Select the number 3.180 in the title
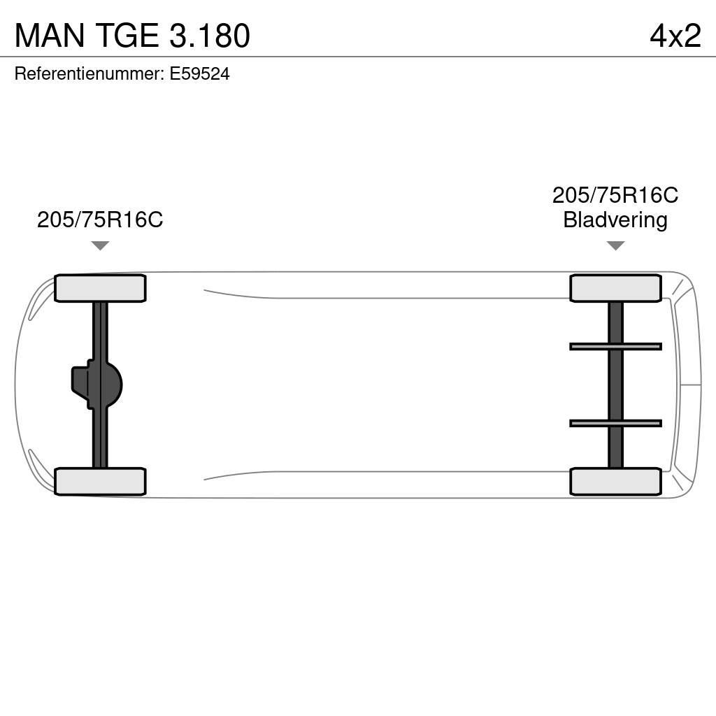click(x=209, y=36)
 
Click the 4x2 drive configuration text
click(x=675, y=36)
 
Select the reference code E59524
click(x=199, y=74)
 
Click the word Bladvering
click(x=615, y=220)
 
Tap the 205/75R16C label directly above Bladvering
click(x=615, y=195)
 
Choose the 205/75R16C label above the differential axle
click(x=100, y=220)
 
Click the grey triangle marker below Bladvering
click(x=615, y=245)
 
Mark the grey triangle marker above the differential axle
click(x=100, y=245)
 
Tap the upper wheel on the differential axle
click(x=100, y=288)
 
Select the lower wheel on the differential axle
click(x=100, y=481)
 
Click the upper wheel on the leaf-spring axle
click(x=615, y=288)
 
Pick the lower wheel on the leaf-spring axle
click(x=615, y=481)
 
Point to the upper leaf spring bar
click(x=615, y=346)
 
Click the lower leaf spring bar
click(x=615, y=423)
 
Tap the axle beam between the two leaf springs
click(x=615, y=385)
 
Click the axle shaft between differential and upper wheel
click(x=100, y=329)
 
